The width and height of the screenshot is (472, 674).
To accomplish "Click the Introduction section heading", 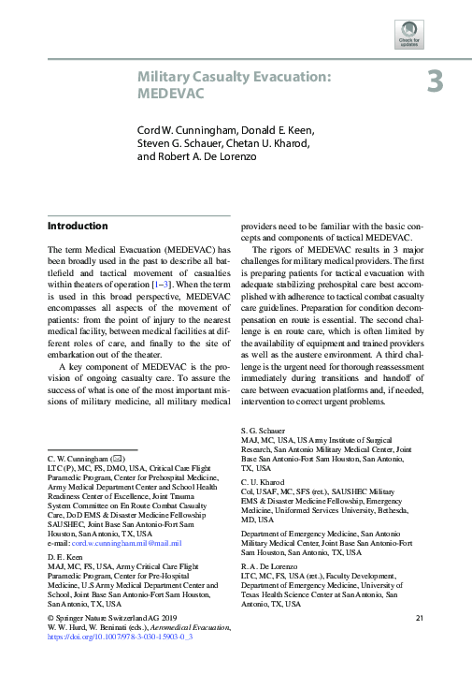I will click(x=78, y=227).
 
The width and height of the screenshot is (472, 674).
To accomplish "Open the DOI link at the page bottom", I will click(x=119, y=636).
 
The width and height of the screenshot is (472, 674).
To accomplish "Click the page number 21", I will click(x=420, y=617).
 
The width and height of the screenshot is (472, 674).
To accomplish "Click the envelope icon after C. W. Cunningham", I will click(x=118, y=460).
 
